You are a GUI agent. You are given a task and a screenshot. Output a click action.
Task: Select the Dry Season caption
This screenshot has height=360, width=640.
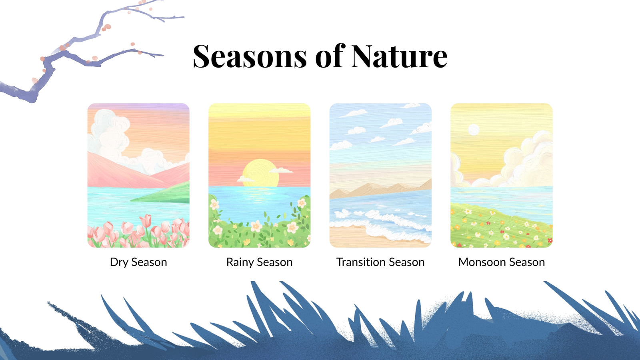[x=138, y=262]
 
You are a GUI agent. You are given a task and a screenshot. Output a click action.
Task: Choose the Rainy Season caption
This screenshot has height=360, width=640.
[x=260, y=262]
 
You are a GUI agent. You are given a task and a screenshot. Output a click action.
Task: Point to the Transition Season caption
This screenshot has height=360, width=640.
[x=380, y=262]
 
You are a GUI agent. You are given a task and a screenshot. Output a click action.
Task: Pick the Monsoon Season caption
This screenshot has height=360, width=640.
[x=502, y=262]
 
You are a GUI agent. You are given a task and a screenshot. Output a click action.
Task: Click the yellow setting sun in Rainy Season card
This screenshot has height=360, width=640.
[x=260, y=173]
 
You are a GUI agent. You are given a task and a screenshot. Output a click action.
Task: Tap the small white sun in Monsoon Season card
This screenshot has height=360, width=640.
[x=474, y=130]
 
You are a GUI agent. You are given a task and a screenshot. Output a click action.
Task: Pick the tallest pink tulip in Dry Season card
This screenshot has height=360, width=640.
[x=146, y=220]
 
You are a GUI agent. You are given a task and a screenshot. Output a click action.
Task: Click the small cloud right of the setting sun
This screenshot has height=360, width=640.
[x=280, y=170]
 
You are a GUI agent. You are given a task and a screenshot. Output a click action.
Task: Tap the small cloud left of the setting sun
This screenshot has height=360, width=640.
[x=246, y=179]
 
